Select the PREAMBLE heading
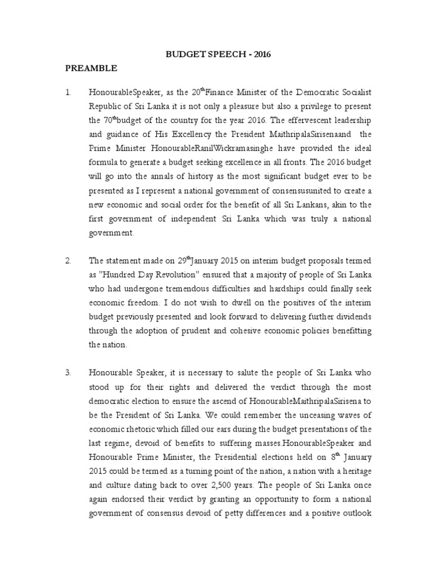[91, 68]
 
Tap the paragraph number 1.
[67, 91]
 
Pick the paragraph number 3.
[68, 372]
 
